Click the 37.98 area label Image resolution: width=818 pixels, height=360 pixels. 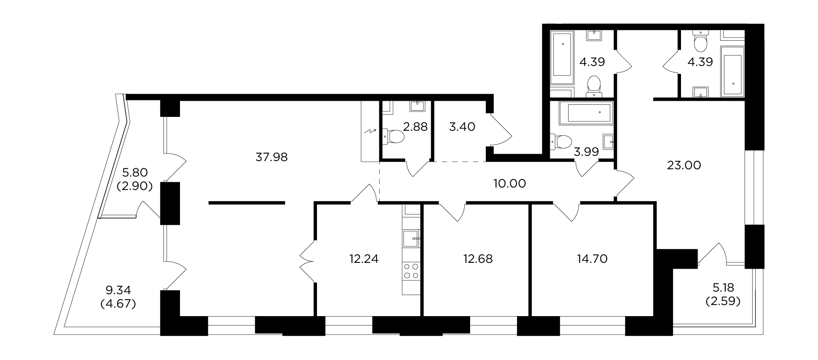[x=271, y=157]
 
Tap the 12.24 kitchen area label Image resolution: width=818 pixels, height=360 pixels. [x=364, y=259]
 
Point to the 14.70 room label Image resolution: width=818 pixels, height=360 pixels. [x=592, y=259]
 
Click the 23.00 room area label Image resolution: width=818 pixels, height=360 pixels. [x=684, y=165]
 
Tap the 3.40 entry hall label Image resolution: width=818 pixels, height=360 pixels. [x=462, y=127]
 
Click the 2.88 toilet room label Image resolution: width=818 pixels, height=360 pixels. [x=415, y=127]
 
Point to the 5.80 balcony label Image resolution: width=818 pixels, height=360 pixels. [x=135, y=172]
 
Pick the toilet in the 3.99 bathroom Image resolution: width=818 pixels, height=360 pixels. [x=560, y=142]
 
